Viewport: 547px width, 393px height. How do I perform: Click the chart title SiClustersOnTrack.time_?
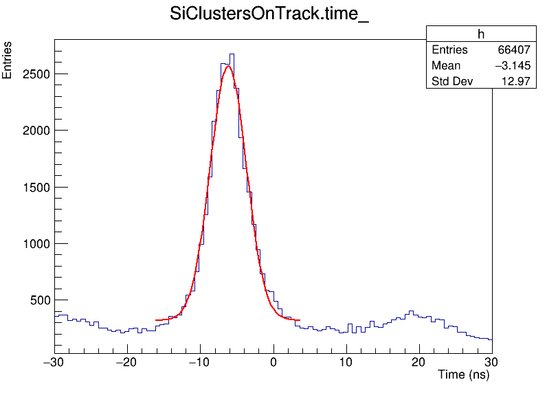pos(269,16)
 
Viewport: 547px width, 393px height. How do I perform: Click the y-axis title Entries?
pos(8,60)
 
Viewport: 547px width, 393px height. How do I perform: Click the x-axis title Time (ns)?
pos(463,375)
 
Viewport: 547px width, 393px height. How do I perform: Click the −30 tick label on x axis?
pos(54,363)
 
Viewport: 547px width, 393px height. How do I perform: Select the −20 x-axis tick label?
pos(127,363)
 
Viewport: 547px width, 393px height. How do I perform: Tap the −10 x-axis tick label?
pos(200,363)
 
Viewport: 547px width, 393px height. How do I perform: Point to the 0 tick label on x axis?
pos(273,363)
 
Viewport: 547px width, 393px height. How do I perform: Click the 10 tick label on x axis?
pos(346,363)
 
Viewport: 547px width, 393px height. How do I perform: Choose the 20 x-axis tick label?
pos(419,363)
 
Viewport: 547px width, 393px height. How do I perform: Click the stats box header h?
pos(481,34)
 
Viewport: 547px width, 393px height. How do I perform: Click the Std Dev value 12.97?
pos(517,82)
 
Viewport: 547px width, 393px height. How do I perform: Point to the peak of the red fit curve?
pos(229,66)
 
